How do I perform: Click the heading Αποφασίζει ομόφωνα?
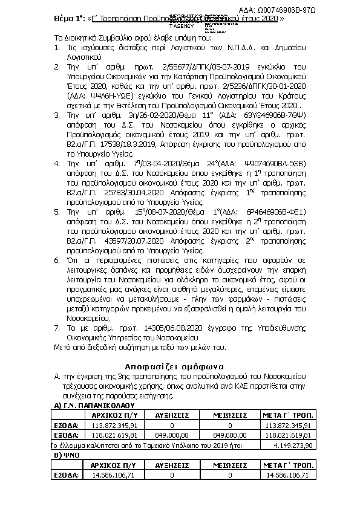pos(175,366)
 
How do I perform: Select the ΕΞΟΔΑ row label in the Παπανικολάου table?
pos(66,434)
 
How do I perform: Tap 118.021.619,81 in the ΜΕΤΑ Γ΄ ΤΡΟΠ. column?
pos(288,434)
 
